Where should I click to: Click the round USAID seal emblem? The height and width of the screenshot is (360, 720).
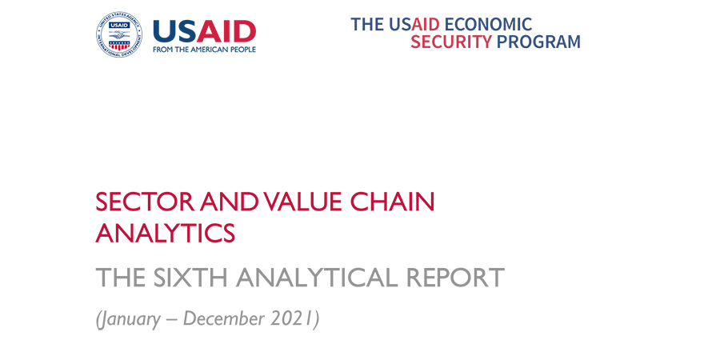tap(119, 34)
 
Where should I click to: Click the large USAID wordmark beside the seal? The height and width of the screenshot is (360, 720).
tap(204, 32)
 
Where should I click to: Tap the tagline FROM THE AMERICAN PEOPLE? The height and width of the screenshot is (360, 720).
tap(204, 49)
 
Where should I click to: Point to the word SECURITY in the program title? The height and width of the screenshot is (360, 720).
tap(451, 42)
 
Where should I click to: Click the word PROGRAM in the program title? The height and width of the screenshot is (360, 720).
tap(538, 42)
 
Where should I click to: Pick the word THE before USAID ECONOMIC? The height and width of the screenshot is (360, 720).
tap(368, 24)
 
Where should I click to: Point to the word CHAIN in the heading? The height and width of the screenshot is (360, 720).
tap(392, 202)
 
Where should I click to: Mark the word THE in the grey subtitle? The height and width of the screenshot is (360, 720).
tap(122, 277)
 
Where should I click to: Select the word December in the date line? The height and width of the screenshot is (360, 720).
tap(225, 319)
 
